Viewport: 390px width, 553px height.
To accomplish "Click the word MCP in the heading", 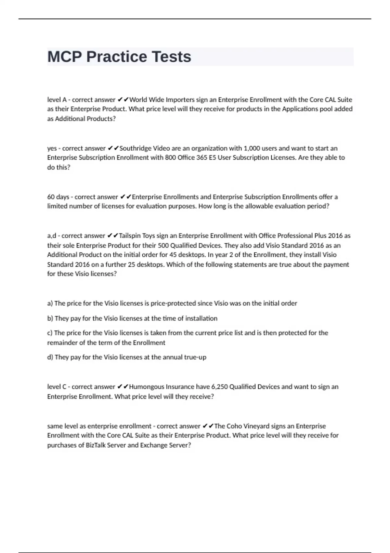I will [65, 57].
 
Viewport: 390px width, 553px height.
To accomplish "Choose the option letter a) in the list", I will [50, 303].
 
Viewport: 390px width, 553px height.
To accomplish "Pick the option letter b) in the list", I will [50, 318].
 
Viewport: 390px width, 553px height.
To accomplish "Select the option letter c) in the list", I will [50, 333].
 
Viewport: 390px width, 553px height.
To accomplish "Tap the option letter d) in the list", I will [50, 357].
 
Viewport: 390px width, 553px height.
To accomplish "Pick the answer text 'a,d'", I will [52, 236].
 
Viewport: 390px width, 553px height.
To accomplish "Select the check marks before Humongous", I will [122, 387].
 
